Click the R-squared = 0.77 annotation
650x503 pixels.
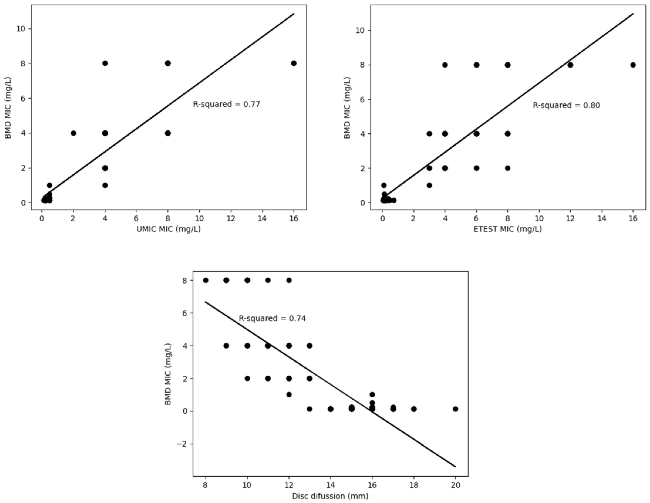pyautogui.click(x=226, y=104)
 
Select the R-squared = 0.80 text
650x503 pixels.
pyautogui.click(x=566, y=105)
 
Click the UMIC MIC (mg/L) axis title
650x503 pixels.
pyautogui.click(x=168, y=229)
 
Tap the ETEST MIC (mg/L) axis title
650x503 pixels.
pyautogui.click(x=508, y=229)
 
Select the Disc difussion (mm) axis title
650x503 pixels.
pyautogui.click(x=330, y=496)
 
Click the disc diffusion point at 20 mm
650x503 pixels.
pyautogui.click(x=455, y=409)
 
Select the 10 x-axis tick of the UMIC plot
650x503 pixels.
pyautogui.click(x=199, y=218)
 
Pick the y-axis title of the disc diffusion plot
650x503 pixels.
pyautogui.click(x=168, y=374)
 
